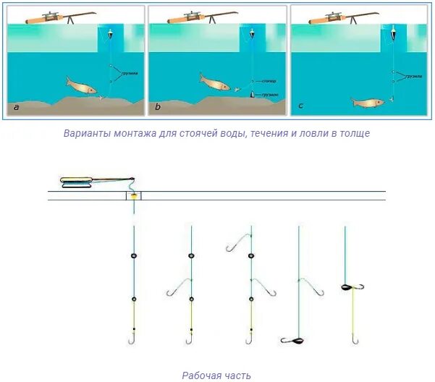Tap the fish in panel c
[x=368, y=103]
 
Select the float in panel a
[x=109, y=34]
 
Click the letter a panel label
[x=17, y=107]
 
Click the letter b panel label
[x=158, y=107]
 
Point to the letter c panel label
[x=300, y=107]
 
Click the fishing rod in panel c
[x=340, y=16]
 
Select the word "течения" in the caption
[x=271, y=134]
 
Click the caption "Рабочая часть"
[x=217, y=375]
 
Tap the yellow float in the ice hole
[x=134, y=197]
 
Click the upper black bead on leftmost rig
[x=134, y=255]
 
